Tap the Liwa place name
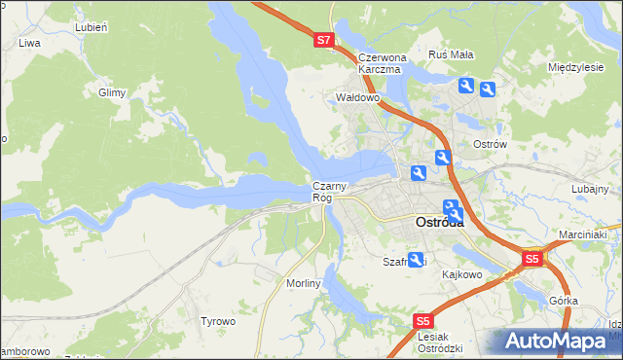(29, 44)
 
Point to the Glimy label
(112, 93)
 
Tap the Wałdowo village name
(356, 98)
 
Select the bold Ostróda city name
(439, 222)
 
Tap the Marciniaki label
(583, 234)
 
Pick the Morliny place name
(304, 282)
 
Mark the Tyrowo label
(217, 321)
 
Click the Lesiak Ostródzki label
(439, 342)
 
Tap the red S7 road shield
(324, 41)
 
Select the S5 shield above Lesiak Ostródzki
(421, 320)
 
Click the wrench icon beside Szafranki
(417, 260)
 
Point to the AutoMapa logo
(560, 342)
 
